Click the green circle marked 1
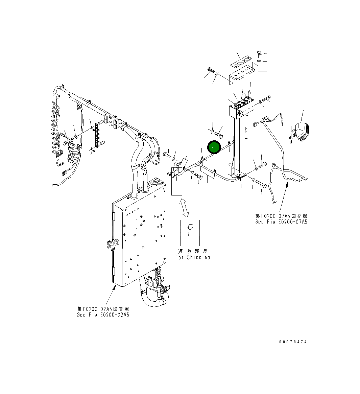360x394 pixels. coord(213,148)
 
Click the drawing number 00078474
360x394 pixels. coord(293,342)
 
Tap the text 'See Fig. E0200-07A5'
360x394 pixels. coord(281,222)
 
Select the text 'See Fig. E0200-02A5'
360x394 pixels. coord(103,315)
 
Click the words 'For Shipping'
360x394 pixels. coord(192,257)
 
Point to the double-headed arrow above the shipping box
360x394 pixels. coord(184,208)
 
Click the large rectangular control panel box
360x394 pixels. coord(140,233)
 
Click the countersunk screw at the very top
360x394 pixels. coord(259,53)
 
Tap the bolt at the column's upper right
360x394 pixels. coord(266,99)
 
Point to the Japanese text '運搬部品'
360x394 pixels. coord(192,251)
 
